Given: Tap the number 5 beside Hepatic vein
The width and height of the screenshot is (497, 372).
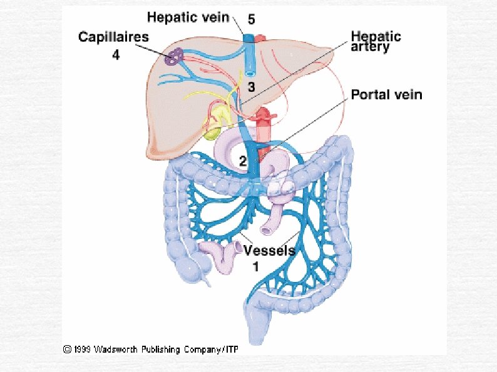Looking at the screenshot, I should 250,19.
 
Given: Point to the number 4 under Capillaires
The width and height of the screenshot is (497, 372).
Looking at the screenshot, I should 116,55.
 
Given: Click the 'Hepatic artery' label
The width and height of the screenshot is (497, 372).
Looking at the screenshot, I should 376,41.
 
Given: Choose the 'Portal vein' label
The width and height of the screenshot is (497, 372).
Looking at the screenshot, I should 386,95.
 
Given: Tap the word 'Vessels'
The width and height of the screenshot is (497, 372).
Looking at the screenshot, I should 269,251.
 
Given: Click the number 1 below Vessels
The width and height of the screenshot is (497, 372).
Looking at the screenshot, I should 256,266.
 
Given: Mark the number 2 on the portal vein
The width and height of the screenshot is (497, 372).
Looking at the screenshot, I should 243,161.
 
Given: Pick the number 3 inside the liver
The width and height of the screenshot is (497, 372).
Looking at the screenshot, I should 250,86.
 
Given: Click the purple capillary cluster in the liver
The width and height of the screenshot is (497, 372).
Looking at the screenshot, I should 174,58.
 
